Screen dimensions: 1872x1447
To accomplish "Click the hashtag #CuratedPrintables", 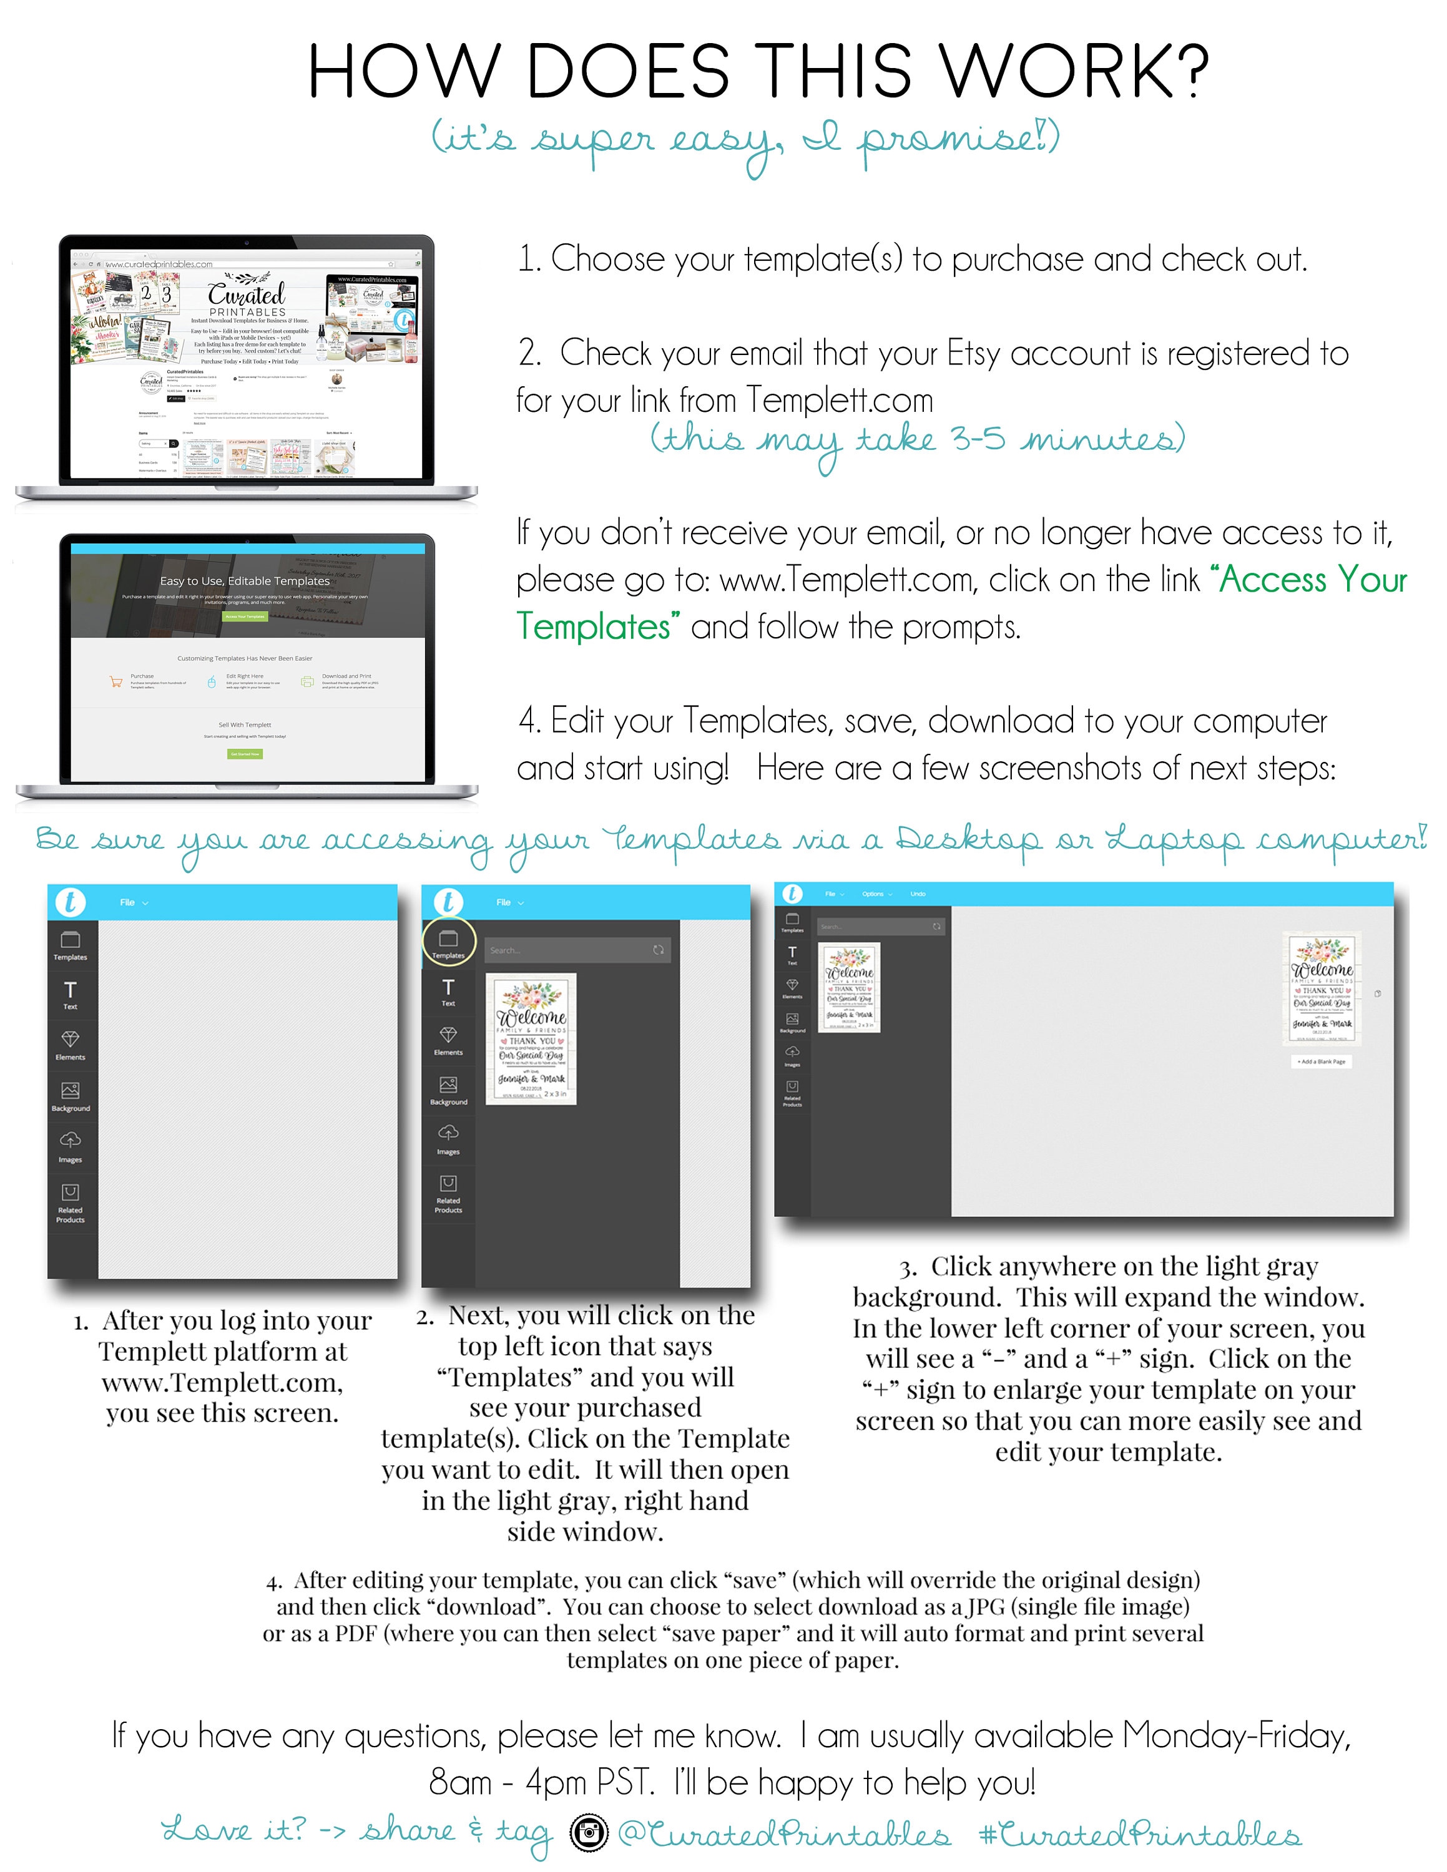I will coord(1139,1835).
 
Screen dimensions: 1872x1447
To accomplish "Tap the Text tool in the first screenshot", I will coord(71,994).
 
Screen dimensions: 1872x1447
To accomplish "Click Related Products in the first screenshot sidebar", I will coord(71,1202).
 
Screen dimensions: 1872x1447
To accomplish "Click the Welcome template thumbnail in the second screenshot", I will coord(531,1039).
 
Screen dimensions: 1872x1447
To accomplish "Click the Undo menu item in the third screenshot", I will coord(917,894).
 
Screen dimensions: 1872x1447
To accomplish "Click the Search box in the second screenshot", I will coord(566,950).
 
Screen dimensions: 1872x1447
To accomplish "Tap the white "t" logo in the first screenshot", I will coord(71,902).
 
